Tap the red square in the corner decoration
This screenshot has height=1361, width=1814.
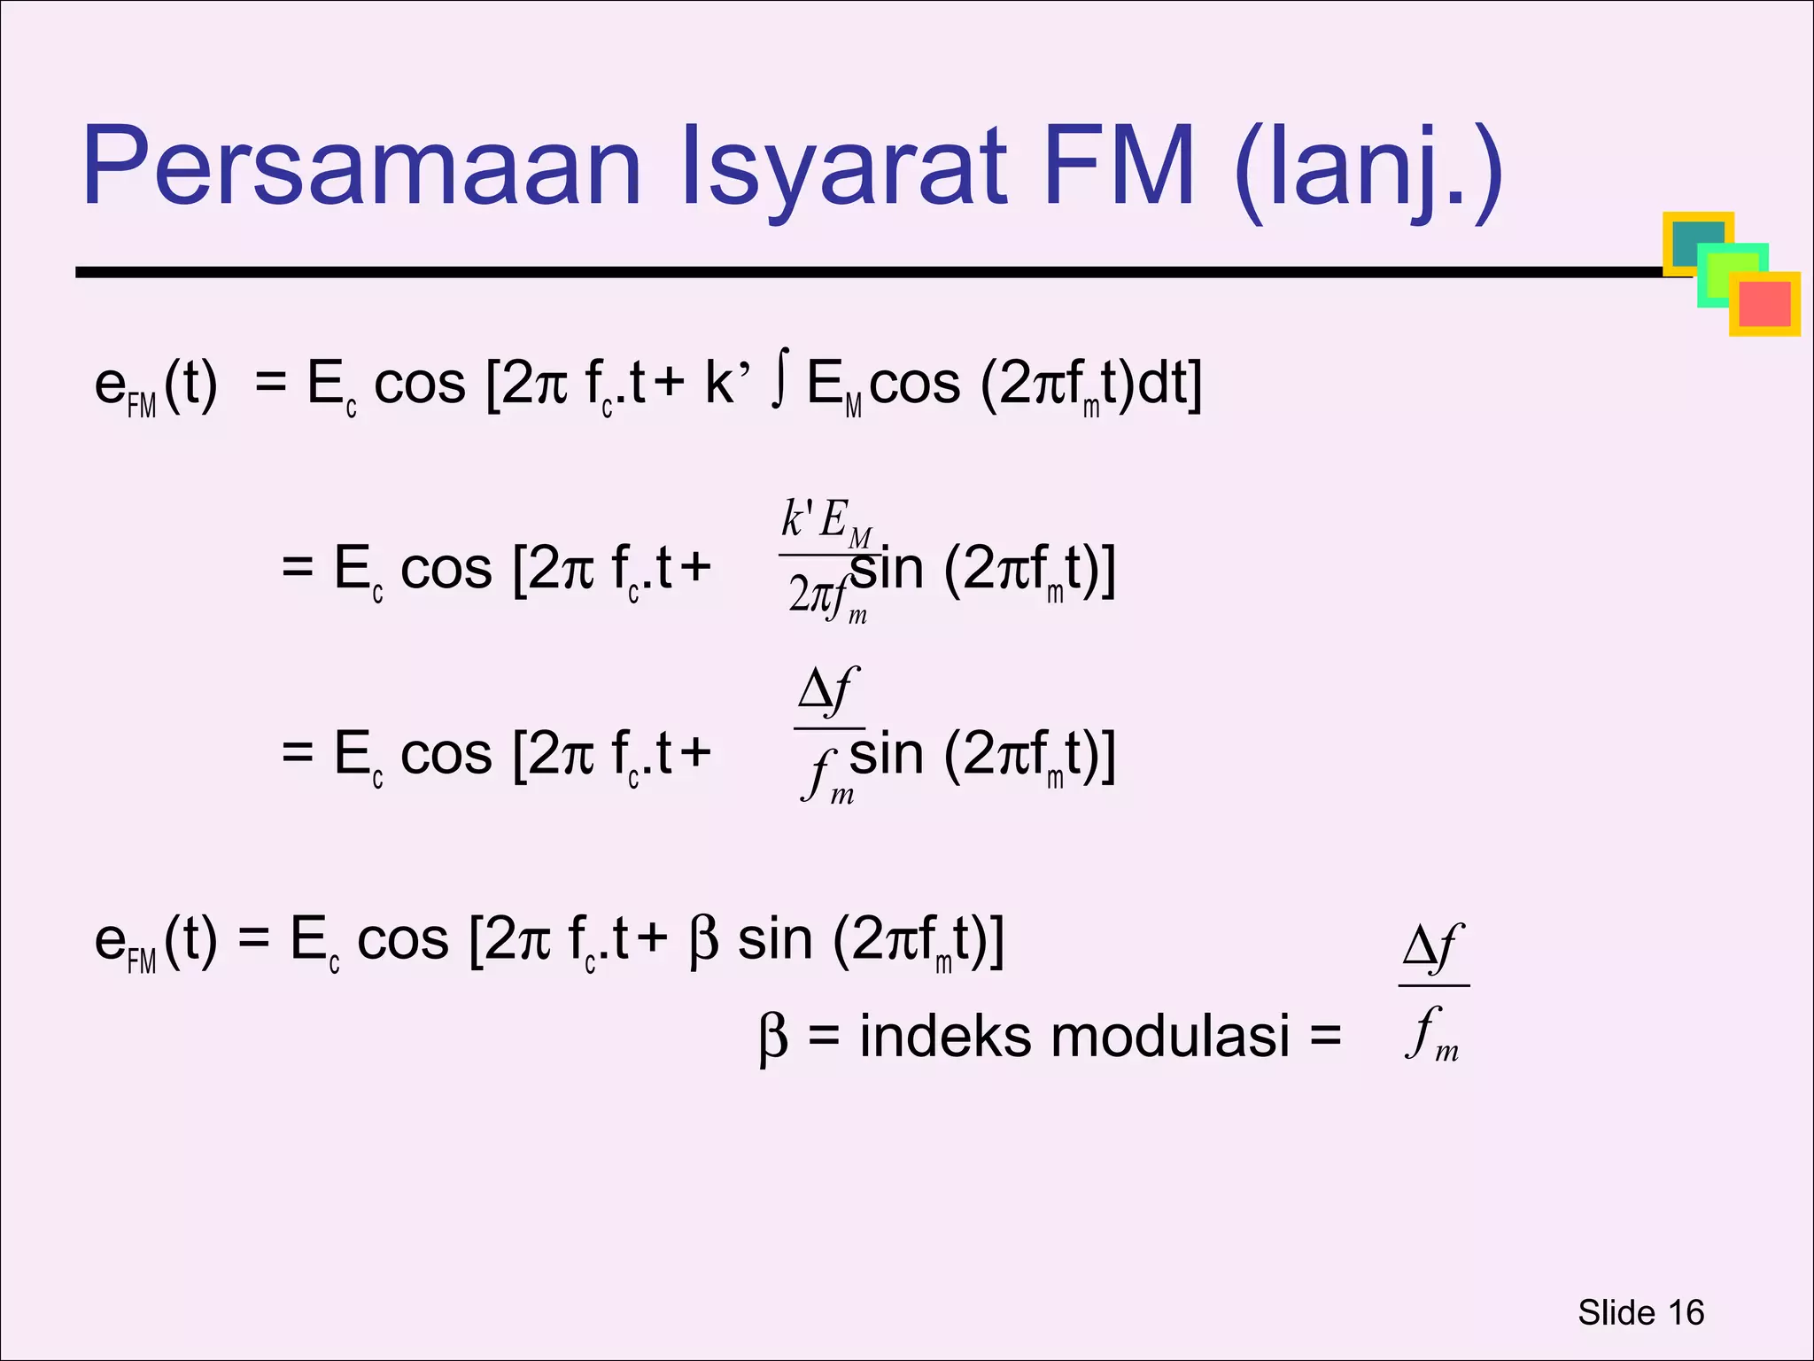click(x=1764, y=303)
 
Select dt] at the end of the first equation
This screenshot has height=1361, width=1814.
click(x=1167, y=385)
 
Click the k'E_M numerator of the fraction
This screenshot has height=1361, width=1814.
click(x=826, y=522)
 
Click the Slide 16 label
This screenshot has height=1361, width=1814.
click(x=1640, y=1312)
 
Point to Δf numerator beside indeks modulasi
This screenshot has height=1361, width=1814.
click(x=1432, y=947)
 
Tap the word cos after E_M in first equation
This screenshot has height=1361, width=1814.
click(x=914, y=385)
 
